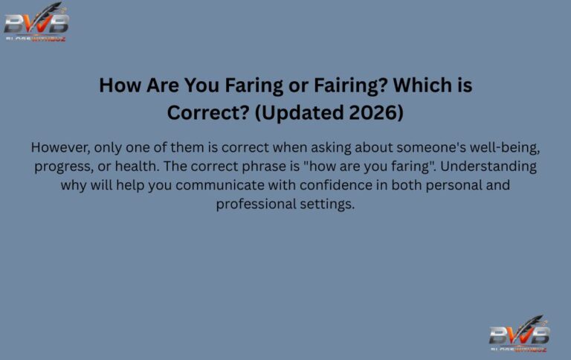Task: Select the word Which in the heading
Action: [422, 86]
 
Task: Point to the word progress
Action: [62, 165]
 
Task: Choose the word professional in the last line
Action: [253, 204]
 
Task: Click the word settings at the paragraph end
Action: [327, 204]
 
